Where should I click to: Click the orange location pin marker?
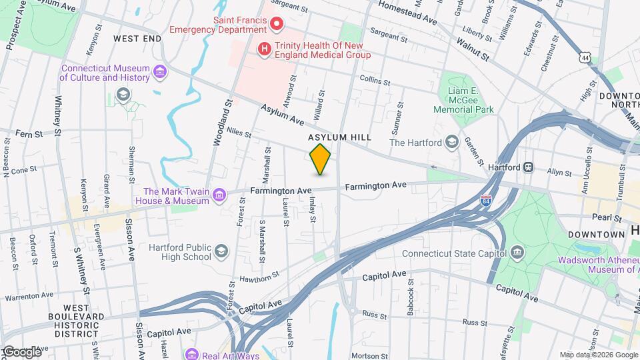pos(321,159)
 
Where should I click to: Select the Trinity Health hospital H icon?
pos(265,49)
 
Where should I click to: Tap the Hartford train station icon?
pos(527,167)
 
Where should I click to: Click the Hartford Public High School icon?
pos(221,251)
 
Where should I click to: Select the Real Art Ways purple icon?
pos(192,354)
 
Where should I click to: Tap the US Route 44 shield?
pos(585,59)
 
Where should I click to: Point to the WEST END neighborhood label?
pos(137,39)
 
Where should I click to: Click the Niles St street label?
pos(238,133)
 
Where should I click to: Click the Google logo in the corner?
pos(21,351)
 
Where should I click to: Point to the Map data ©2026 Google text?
pos(597,355)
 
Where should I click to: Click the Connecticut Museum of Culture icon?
pos(159,71)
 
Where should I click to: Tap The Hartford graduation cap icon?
pos(451,142)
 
